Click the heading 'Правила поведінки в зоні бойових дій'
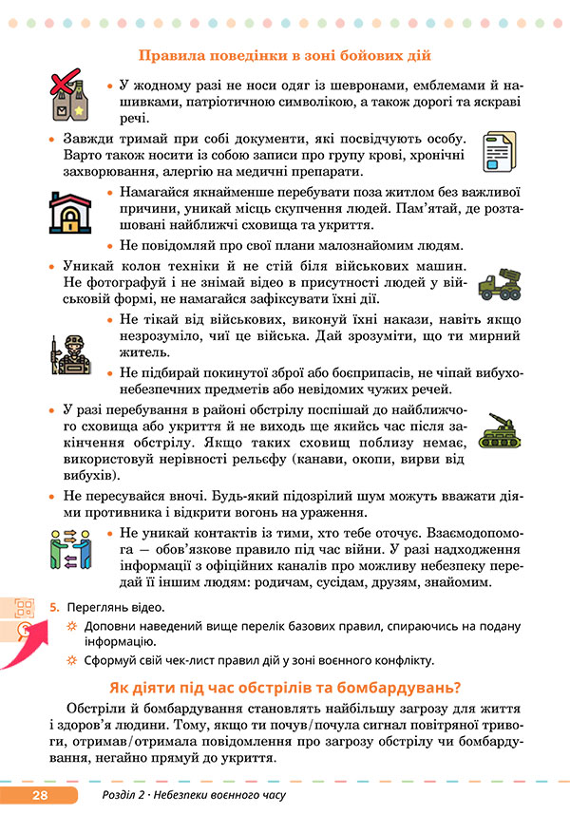pyautogui.click(x=285, y=57)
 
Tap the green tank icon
pyautogui.click(x=499, y=428)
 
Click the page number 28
pyautogui.click(x=39, y=795)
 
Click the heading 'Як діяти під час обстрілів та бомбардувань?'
pyautogui.click(x=285, y=688)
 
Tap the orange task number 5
pyautogui.click(x=55, y=607)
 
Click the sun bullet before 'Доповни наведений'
pyautogui.click(x=72, y=627)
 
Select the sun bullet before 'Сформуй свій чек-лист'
pyautogui.click(x=72, y=660)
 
